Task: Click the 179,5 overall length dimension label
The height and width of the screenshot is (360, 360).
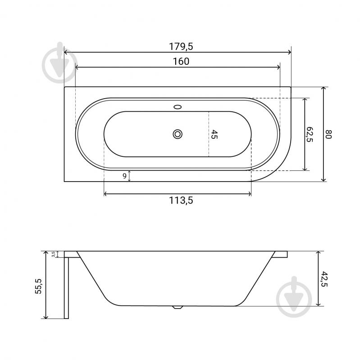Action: pos(181,46)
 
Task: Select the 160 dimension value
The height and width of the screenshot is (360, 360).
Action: pos(181,61)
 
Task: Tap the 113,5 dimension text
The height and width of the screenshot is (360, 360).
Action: pos(181,201)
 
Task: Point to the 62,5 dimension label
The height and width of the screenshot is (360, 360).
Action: pos(310,134)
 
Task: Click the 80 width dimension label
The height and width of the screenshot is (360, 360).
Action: pos(328,134)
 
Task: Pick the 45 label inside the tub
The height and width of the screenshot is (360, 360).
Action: pos(214,134)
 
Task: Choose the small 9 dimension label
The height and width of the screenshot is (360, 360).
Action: pos(124,176)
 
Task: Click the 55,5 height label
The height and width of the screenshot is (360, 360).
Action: pos(39,286)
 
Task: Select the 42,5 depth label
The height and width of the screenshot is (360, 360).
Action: pos(324,279)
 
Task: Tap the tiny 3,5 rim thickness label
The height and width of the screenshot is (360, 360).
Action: pos(53,254)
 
